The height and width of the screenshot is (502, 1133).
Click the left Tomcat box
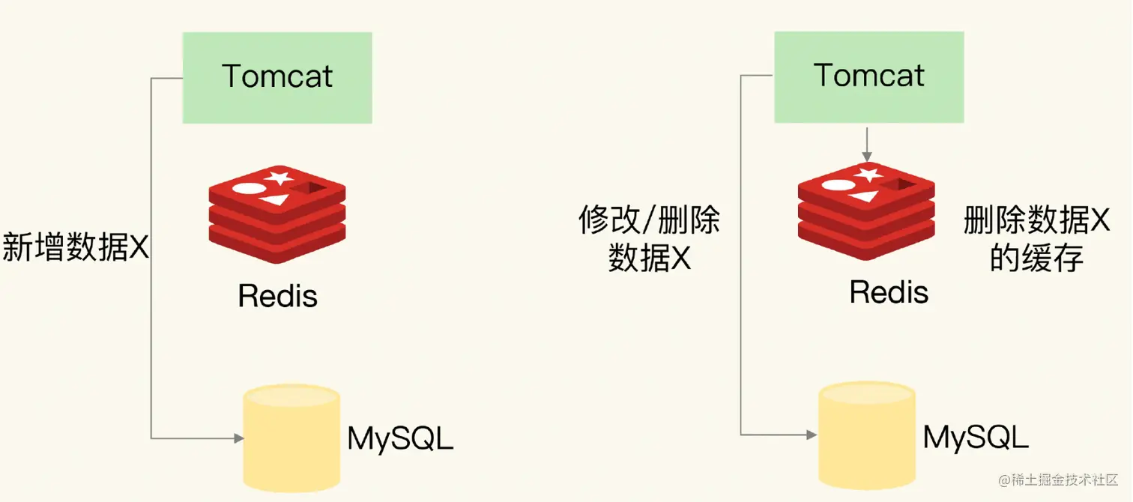[x=277, y=78]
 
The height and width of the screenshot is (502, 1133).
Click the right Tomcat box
[x=868, y=76]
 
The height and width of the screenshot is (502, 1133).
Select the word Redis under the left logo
[x=277, y=296]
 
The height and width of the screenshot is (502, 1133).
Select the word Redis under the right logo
[x=889, y=291]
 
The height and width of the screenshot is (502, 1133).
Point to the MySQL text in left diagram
[x=400, y=439]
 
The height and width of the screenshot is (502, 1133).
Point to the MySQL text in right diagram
[x=976, y=437]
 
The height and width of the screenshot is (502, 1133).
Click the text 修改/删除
[x=649, y=221]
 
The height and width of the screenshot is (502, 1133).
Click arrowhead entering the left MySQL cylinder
[x=239, y=438]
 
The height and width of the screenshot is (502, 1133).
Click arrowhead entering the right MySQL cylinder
[x=812, y=434]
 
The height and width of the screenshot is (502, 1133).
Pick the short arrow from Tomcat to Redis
[x=867, y=144]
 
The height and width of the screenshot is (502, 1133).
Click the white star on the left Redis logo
[x=280, y=178]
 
